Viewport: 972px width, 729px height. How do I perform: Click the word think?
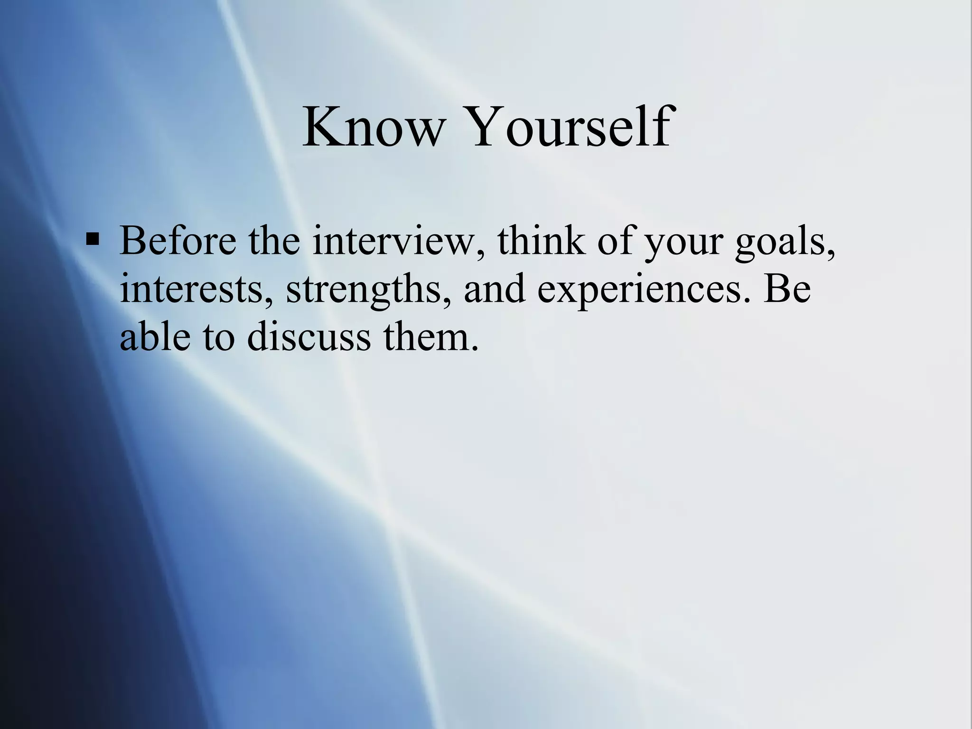(x=541, y=241)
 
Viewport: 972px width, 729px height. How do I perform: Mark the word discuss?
(x=309, y=336)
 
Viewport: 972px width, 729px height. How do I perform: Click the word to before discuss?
(x=219, y=337)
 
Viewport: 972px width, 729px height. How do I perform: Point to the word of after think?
(x=616, y=241)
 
